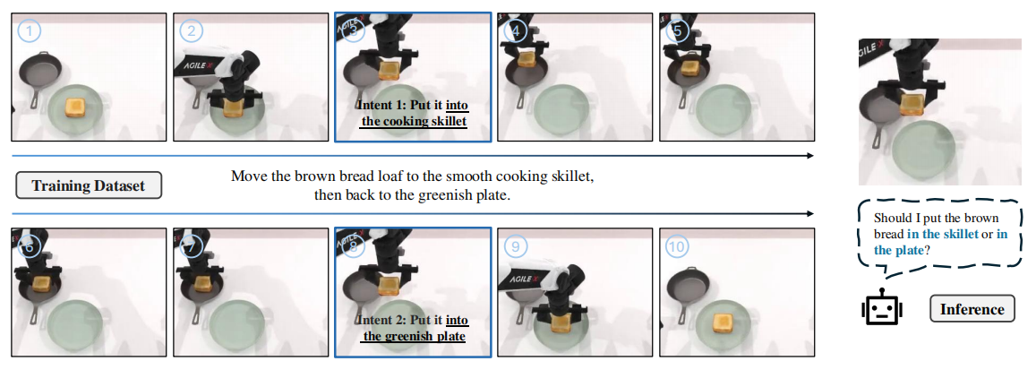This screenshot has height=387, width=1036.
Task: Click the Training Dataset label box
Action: click(x=89, y=186)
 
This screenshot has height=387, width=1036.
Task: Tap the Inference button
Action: click(x=972, y=309)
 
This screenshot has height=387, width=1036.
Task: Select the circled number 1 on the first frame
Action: click(x=29, y=31)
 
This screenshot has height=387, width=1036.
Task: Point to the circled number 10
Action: click(x=677, y=247)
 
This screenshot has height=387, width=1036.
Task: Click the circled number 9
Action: click(x=516, y=247)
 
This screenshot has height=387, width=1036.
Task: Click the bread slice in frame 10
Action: click(x=724, y=322)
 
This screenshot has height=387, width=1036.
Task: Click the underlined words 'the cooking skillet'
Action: click(x=414, y=122)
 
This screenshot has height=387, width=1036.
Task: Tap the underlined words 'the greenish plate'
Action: click(x=414, y=337)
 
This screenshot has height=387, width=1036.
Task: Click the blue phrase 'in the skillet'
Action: click(x=942, y=234)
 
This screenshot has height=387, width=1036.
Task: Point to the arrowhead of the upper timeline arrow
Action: click(x=810, y=156)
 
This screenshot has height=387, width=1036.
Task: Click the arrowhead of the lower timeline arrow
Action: click(x=810, y=214)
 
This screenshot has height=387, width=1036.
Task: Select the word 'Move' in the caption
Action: click(x=248, y=177)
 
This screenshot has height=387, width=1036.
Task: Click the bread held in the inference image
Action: click(x=912, y=103)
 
